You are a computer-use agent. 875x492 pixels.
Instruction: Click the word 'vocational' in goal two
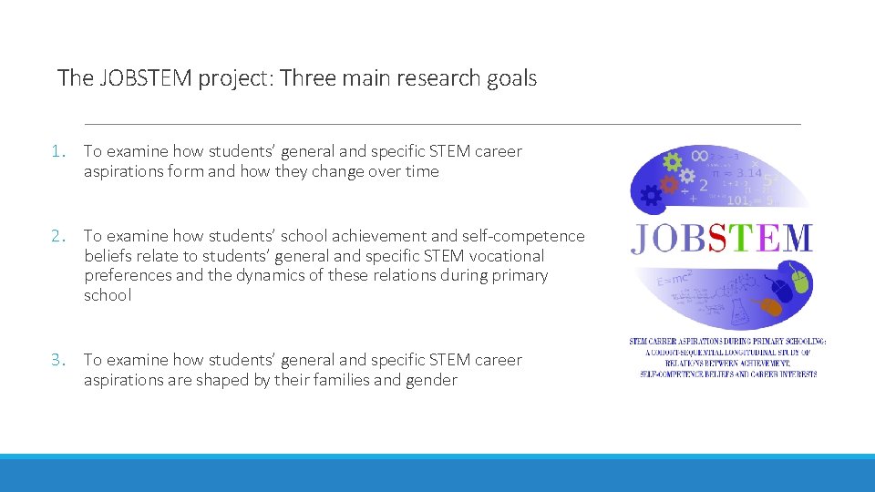pyautogui.click(x=505, y=256)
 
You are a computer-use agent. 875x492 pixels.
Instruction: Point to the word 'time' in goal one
pyautogui.click(x=420, y=171)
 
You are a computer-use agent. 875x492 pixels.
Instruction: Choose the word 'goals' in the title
pyautogui.click(x=510, y=78)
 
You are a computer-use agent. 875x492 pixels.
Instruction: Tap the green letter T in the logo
pyautogui.click(x=743, y=238)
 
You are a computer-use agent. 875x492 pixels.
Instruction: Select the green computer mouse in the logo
pyautogui.click(x=799, y=281)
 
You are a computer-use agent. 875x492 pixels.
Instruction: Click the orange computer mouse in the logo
pyautogui.click(x=772, y=306)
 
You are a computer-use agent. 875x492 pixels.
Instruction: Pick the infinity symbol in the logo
pyautogui.click(x=699, y=158)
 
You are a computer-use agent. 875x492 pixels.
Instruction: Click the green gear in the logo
pyautogui.click(x=673, y=163)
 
